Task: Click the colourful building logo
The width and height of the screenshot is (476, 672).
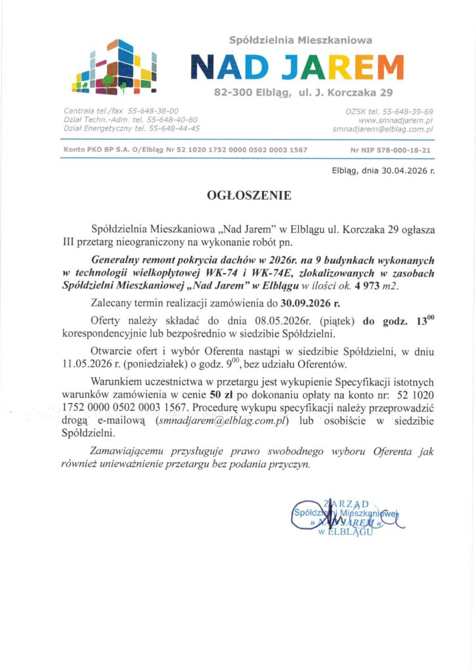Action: point(115,66)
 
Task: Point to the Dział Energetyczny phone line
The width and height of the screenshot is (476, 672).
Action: point(132,129)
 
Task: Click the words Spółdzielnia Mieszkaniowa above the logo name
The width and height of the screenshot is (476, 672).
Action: point(300,40)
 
